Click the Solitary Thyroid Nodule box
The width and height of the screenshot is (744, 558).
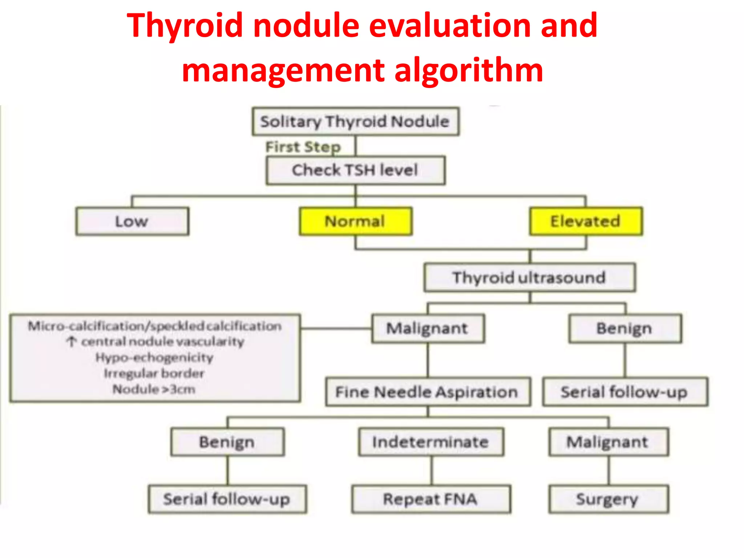click(x=355, y=121)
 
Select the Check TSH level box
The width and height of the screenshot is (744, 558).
click(x=355, y=170)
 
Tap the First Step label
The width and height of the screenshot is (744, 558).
click(x=303, y=147)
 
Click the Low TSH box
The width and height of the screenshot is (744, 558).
click(x=132, y=221)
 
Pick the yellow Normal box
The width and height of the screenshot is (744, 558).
click(x=355, y=221)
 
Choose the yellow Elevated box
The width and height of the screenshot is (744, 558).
click(x=586, y=221)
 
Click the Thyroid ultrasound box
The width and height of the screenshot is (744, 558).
click(x=529, y=278)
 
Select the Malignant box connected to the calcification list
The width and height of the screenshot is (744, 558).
click(x=428, y=328)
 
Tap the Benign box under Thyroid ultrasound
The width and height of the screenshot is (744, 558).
click(x=625, y=328)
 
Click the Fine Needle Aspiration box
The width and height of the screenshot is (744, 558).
click(x=428, y=392)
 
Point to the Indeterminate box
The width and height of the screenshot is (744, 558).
click(x=431, y=442)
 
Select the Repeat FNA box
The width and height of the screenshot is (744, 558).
click(x=431, y=499)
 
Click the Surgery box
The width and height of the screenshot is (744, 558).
click(x=608, y=499)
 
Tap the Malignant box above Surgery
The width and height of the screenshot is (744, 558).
click(x=608, y=442)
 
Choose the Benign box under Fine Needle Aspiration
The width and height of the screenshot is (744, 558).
click(x=227, y=442)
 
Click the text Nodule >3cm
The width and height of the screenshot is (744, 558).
click(x=154, y=389)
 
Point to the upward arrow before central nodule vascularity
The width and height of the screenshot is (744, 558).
click(x=72, y=341)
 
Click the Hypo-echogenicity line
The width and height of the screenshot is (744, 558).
click(x=154, y=357)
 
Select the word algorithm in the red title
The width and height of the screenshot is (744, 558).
click(x=469, y=70)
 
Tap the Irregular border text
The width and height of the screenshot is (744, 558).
click(x=154, y=373)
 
